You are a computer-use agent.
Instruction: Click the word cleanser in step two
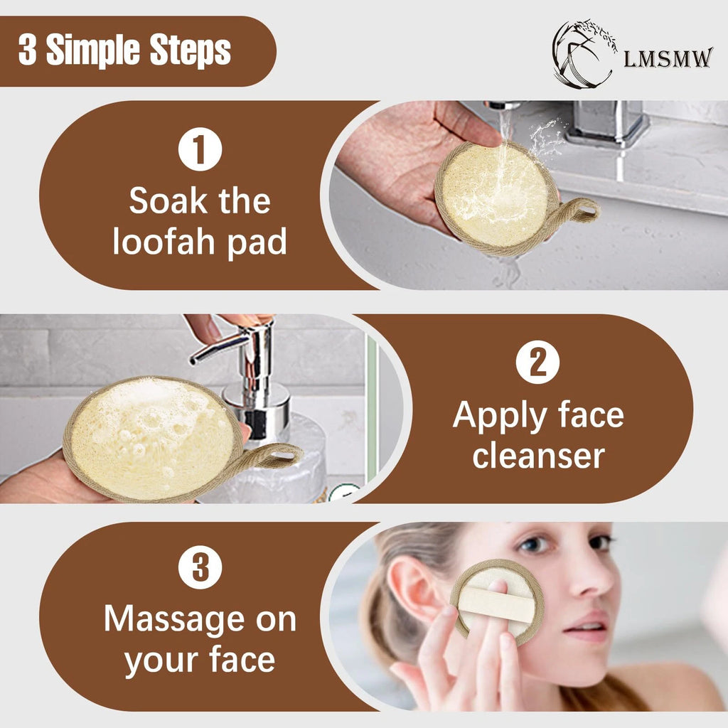[538, 456]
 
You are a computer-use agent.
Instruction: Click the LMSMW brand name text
[668, 58]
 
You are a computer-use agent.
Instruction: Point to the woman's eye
[533, 546]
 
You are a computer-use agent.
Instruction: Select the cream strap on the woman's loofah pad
[496, 604]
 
